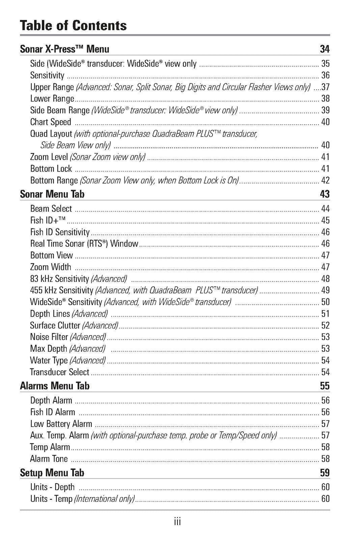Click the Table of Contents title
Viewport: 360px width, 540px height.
(73, 26)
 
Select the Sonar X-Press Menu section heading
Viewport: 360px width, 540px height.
(64, 49)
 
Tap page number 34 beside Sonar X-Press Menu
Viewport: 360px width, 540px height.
(325, 49)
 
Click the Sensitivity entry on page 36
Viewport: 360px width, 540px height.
(47, 75)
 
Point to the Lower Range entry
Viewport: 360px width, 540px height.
(52, 99)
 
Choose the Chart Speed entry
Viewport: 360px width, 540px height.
(51, 122)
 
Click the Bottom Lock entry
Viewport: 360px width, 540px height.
(51, 168)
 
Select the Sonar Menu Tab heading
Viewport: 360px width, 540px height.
(52, 194)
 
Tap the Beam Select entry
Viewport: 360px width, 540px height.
(51, 209)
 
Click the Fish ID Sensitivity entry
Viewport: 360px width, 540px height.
(60, 232)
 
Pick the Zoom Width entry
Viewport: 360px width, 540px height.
(51, 267)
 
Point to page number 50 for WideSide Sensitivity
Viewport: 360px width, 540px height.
(325, 302)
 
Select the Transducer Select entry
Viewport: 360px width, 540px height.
(60, 372)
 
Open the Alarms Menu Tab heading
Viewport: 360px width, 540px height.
(55, 386)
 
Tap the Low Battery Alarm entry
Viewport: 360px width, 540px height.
(61, 424)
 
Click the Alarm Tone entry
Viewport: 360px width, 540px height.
(49, 459)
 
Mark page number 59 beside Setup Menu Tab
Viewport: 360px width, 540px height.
(325, 473)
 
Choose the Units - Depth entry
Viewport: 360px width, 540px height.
(52, 487)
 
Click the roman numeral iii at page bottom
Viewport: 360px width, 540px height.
(177, 522)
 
